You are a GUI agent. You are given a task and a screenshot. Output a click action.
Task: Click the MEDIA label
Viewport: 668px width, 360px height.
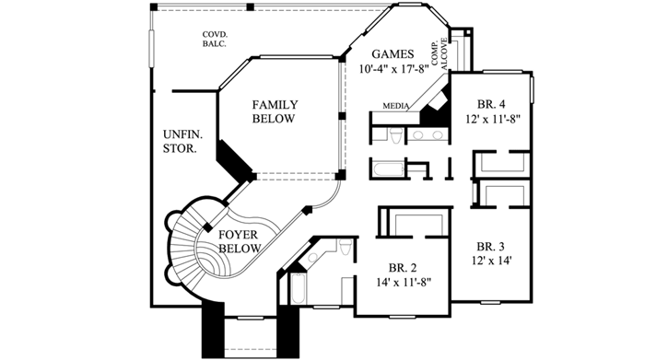pyautogui.click(x=396, y=106)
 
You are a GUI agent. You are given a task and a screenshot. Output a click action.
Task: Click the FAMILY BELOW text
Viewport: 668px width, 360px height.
pyautogui.click(x=274, y=112)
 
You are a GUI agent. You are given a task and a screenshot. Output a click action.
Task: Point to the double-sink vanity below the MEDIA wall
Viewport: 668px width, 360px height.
pyautogui.click(x=426, y=136)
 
